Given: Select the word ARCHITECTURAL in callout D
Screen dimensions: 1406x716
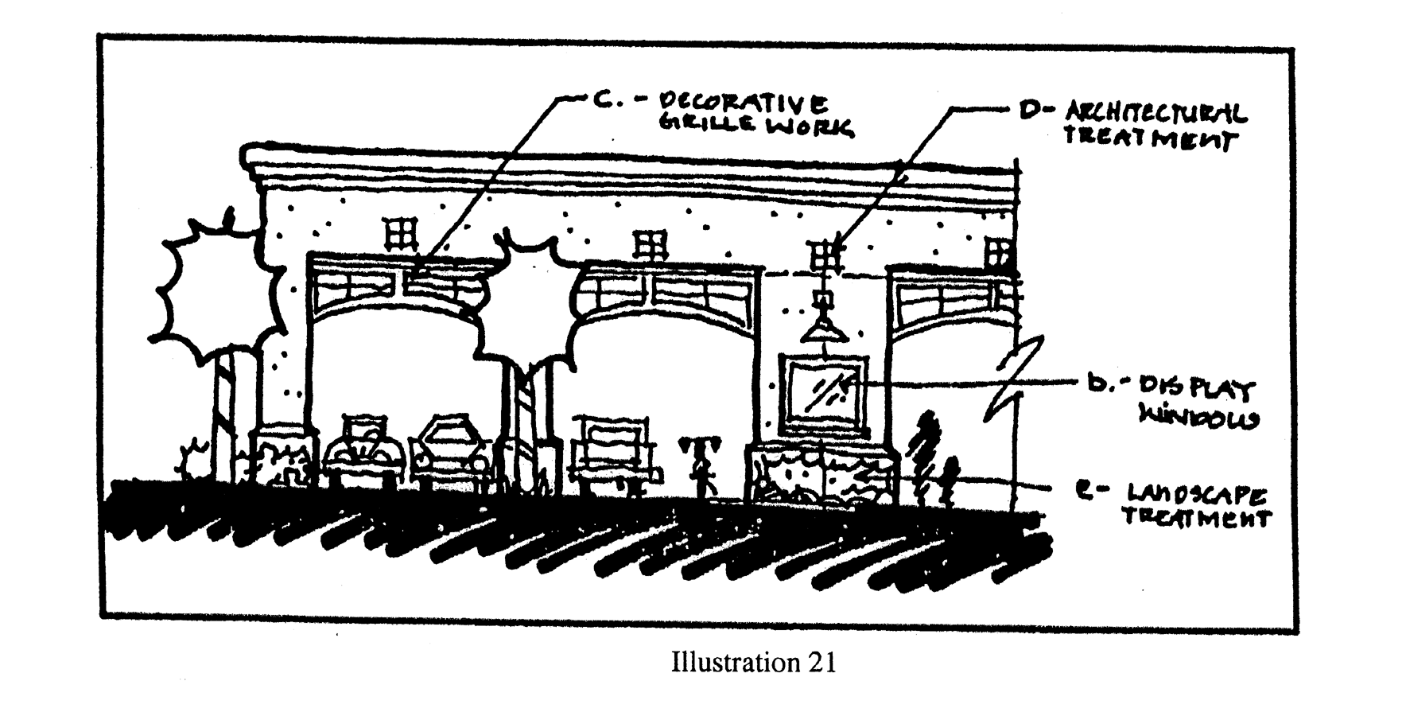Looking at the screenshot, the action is [1155, 113].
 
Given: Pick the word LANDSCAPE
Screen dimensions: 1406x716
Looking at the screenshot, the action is [1196, 497].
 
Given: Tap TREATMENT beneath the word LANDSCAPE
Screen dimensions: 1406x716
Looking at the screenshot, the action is [1196, 519].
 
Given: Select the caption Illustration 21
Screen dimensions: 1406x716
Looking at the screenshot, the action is [753, 663].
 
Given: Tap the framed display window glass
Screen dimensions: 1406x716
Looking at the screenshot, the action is [825, 389].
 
